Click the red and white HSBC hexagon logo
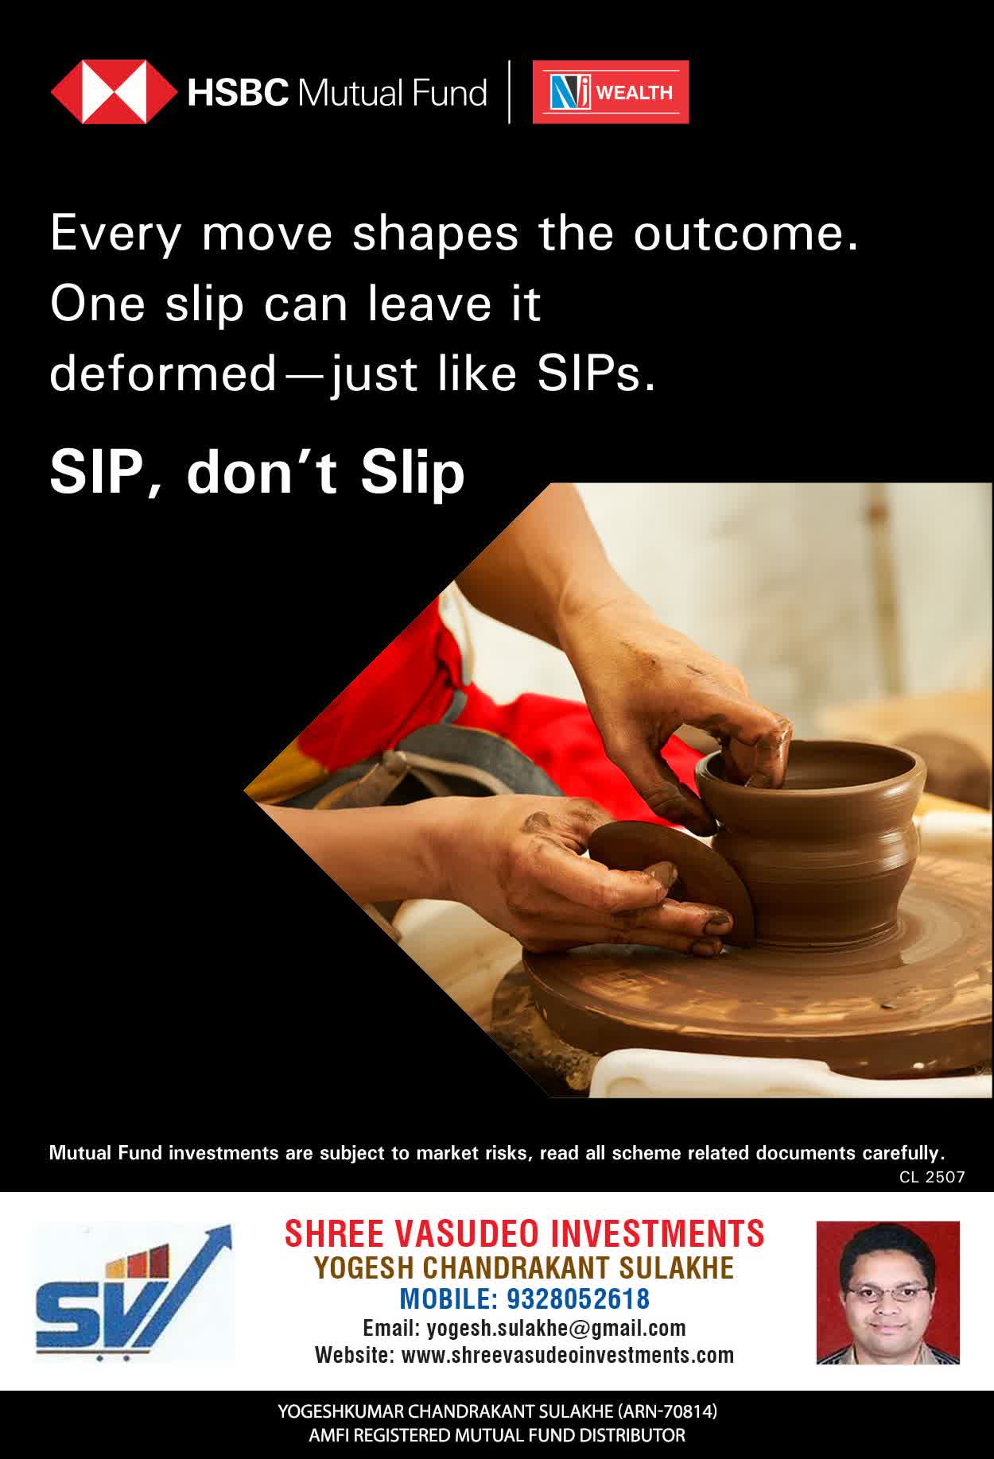[x=114, y=92]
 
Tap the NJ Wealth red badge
[x=611, y=92]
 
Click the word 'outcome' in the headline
[x=746, y=234]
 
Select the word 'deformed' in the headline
[x=162, y=373]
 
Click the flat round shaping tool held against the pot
[x=672, y=882]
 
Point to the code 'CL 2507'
[x=932, y=1177]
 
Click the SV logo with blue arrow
[x=133, y=1294]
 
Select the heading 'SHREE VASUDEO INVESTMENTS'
[x=525, y=1234]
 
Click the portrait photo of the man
[x=888, y=1292]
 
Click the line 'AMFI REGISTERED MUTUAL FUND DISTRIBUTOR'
[x=497, y=1435]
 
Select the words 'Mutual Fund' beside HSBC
[x=391, y=93]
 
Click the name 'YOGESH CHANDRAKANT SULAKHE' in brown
[x=525, y=1268]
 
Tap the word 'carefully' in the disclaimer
[x=903, y=1153]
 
